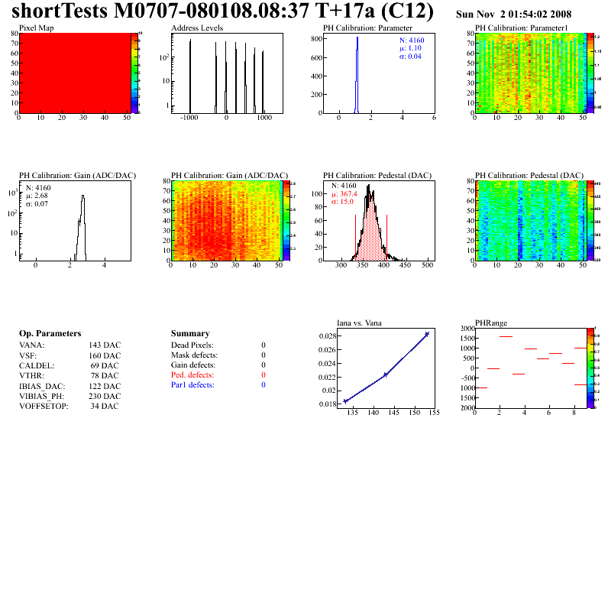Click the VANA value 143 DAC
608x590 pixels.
(105, 345)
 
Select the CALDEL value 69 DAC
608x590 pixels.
(105, 365)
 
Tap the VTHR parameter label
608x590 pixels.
(31, 376)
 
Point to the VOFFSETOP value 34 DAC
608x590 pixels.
(105, 406)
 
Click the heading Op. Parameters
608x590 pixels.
(50, 334)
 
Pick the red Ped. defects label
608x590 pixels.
(193, 375)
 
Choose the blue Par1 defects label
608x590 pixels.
(192, 385)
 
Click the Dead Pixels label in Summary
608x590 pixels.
(192, 345)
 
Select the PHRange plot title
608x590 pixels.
(491, 323)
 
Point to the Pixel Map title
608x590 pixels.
(37, 28)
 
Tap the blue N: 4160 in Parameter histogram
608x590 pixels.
(412, 40)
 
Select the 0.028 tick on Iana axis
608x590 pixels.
(328, 336)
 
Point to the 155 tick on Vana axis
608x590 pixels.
(433, 413)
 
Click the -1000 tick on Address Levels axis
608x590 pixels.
(189, 118)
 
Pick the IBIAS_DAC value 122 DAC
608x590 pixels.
(105, 386)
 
